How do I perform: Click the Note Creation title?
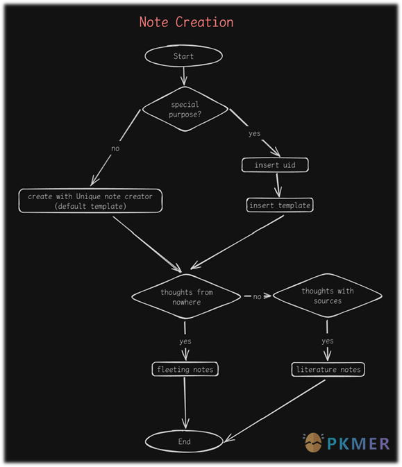click(x=186, y=22)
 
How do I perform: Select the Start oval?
click(x=183, y=56)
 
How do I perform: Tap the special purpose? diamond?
click(x=185, y=109)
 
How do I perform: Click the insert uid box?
click(x=275, y=165)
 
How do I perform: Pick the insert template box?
click(x=280, y=205)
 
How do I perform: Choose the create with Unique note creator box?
click(x=90, y=201)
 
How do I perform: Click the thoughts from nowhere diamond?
click(x=186, y=296)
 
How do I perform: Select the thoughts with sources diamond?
click(x=328, y=296)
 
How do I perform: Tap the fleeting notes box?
click(x=185, y=369)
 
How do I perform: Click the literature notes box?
click(x=328, y=370)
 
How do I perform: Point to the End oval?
click(x=184, y=441)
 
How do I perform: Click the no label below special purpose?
click(x=115, y=148)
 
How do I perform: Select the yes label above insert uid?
click(x=255, y=134)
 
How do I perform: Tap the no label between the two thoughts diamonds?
click(x=257, y=296)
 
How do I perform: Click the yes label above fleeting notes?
click(x=185, y=341)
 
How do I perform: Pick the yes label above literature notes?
click(x=328, y=341)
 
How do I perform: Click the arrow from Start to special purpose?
click(x=184, y=76)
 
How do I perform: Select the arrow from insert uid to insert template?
click(x=278, y=185)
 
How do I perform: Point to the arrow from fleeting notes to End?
click(x=185, y=403)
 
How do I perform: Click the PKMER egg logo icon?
click(x=313, y=442)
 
